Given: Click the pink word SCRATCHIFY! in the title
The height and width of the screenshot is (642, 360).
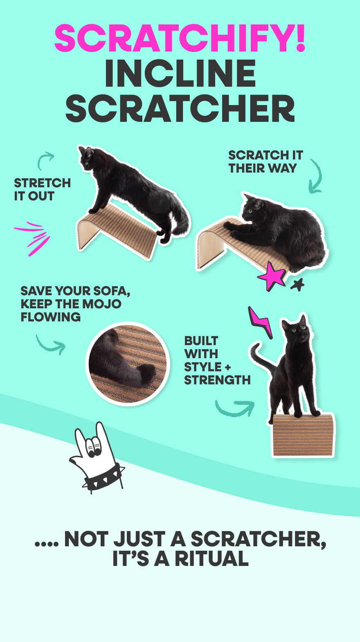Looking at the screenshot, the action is [180, 38].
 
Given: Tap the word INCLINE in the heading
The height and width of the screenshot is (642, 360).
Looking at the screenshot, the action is [180, 73].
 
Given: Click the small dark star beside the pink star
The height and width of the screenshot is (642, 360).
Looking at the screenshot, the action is [297, 285].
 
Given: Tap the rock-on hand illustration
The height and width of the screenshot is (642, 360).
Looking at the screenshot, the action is [97, 458].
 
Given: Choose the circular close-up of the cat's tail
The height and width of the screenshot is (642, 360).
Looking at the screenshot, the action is [128, 364].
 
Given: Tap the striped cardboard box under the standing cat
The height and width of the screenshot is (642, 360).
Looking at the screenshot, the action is [303, 435].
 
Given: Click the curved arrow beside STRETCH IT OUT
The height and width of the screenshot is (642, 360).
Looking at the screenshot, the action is [45, 160].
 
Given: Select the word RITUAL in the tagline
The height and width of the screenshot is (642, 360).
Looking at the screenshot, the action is [211, 559].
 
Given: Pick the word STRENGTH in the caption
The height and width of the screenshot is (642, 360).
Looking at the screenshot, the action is [217, 380].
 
